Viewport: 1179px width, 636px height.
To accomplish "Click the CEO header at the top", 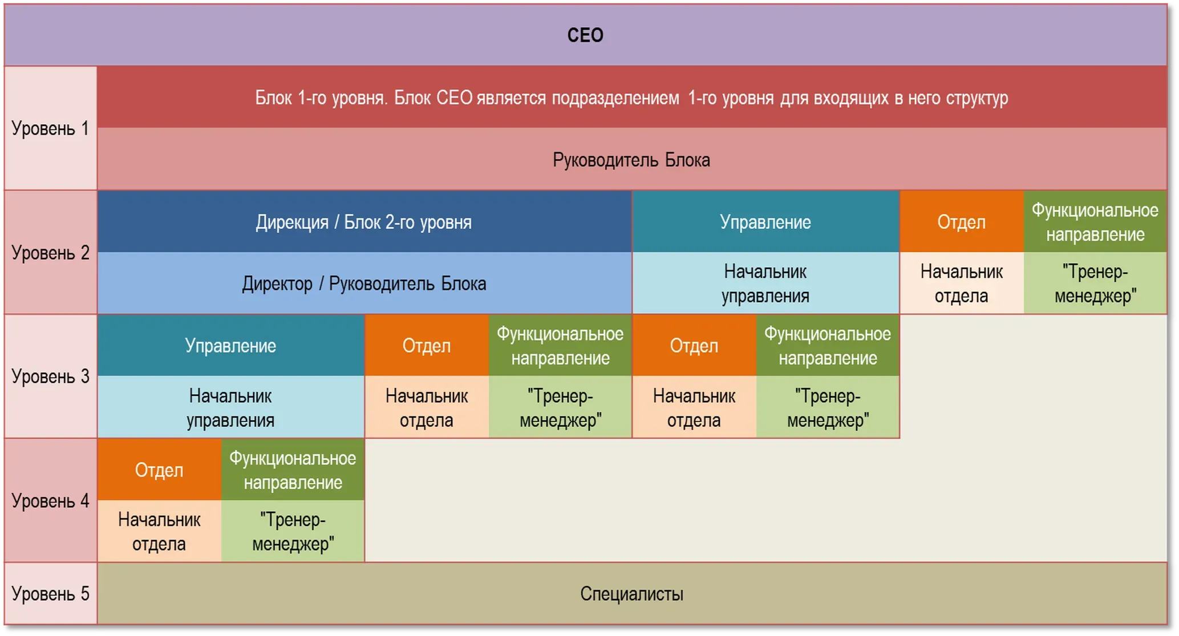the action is click(585, 35).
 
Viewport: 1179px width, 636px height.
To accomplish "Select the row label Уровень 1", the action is click(50, 128).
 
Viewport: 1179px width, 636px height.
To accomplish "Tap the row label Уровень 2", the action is click(50, 252).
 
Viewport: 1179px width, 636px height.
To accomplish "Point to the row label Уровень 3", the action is click(50, 376).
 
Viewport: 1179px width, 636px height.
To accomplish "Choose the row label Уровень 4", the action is click(50, 500).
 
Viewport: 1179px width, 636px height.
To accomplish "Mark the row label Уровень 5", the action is click(50, 594).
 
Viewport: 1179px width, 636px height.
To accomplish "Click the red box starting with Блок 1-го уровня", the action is click(632, 97).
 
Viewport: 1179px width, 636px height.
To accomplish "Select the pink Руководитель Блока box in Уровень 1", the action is click(632, 159).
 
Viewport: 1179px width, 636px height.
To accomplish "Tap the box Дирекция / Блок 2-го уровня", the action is click(364, 221).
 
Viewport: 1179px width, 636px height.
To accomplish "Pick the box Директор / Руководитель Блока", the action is click(364, 283).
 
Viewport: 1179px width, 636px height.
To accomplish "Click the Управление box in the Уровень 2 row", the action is click(765, 221).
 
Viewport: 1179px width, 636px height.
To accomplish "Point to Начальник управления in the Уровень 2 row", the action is click(765, 283).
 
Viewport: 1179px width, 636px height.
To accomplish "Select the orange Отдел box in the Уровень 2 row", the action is click(962, 221).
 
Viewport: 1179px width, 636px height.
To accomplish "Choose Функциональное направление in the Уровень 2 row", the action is click(1095, 221).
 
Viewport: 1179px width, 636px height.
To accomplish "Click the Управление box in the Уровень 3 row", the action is click(231, 345).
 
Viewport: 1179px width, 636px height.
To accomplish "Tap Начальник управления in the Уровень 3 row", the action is click(231, 407).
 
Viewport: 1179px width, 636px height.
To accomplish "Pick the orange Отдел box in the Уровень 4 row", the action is click(159, 469).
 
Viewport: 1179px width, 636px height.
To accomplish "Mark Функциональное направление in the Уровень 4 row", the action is click(293, 469).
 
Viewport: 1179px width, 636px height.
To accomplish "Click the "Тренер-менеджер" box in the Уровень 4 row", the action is click(293, 531).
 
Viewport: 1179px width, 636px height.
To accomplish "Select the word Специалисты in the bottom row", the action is click(632, 594).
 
